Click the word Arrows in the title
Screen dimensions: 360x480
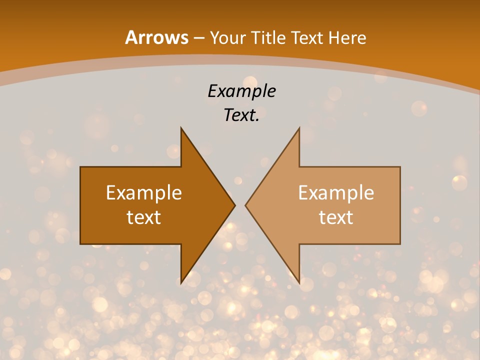157,37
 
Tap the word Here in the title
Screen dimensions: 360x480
347,37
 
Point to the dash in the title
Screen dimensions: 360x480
199,38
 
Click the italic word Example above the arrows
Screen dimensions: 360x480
241,91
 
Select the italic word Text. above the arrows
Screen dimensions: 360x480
241,115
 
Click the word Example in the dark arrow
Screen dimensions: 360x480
144,192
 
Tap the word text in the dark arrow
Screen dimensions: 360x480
144,217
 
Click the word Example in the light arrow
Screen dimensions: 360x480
336,192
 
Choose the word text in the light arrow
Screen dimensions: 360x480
336,217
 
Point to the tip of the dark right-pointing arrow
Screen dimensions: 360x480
235,205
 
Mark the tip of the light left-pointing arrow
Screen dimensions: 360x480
245,205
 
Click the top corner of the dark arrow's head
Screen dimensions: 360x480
181,127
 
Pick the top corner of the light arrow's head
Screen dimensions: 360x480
299,127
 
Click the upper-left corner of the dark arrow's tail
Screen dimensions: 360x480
80,167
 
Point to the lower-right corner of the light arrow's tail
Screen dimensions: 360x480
400,244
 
